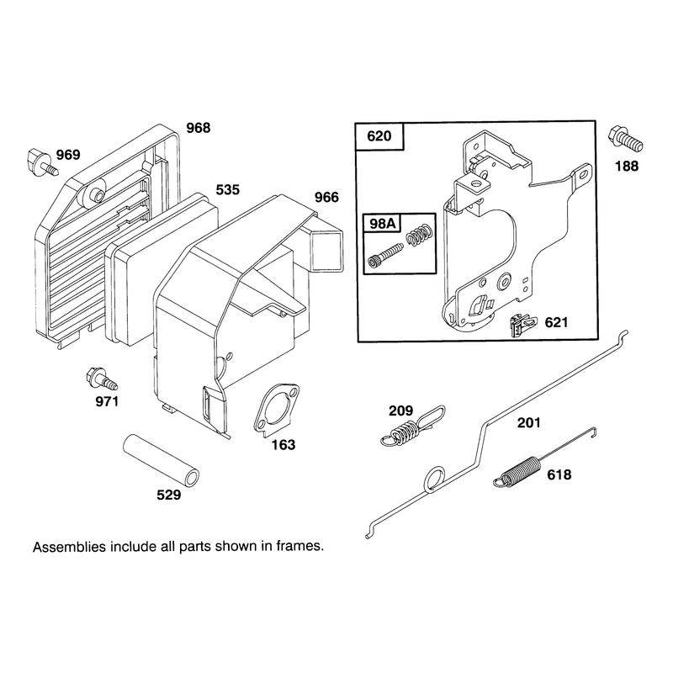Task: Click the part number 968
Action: (199, 128)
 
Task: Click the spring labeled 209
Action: (412, 427)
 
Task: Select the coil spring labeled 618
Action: (542, 459)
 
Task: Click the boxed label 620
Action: (379, 136)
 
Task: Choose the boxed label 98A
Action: (382, 224)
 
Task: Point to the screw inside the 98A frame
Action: (385, 255)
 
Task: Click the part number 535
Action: (227, 190)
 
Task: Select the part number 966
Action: (326, 198)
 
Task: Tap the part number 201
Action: (529, 423)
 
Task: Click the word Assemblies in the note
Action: (69, 546)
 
